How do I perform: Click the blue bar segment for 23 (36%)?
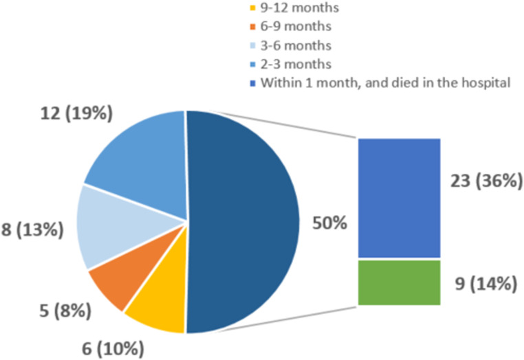(400, 198)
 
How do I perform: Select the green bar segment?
(400, 282)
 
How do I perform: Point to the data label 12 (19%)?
(76, 113)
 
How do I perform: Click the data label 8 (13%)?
(32, 230)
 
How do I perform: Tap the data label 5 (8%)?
(65, 311)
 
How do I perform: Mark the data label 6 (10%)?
(113, 349)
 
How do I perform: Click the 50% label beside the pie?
(330, 223)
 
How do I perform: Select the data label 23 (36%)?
(486, 181)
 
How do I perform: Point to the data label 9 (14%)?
(486, 284)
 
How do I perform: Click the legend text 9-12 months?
(300, 8)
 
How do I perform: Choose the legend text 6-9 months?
(296, 26)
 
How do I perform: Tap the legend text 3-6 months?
(296, 45)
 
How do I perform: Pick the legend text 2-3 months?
(296, 64)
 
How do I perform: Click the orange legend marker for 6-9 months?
(253, 27)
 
